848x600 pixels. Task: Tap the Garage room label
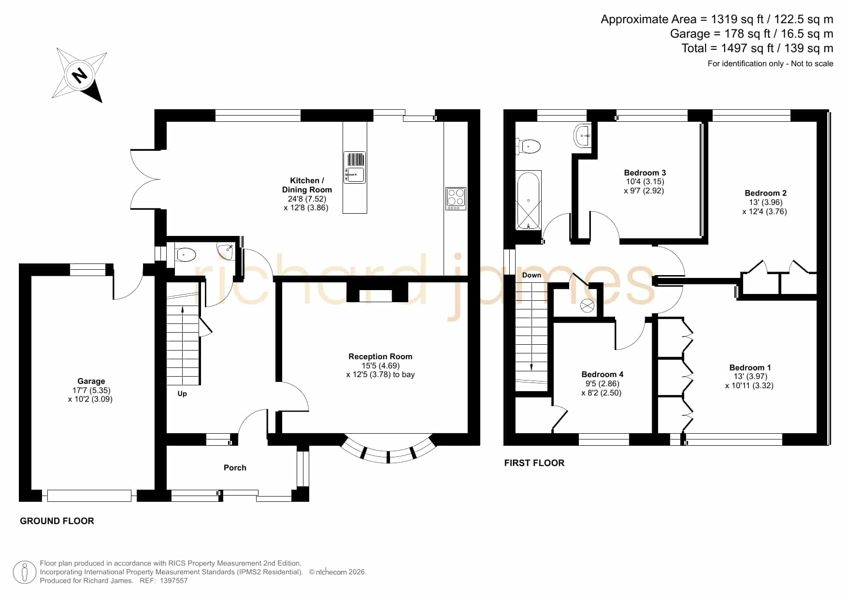point(91,381)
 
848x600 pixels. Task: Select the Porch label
point(235,468)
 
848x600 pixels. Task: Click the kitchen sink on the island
point(355,167)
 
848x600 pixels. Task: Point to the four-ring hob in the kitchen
point(456,198)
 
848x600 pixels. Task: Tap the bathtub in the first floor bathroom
point(529,200)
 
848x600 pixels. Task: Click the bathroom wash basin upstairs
point(583,136)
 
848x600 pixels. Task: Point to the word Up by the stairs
point(182,394)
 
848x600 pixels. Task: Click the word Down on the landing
point(532,275)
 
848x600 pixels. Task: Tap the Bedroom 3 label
point(645,173)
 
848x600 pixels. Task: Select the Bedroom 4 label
point(602,374)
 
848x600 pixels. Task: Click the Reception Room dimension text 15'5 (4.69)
point(381,366)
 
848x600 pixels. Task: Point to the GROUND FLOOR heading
point(57,521)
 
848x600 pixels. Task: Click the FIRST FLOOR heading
point(534,463)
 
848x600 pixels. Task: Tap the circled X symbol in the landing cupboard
point(587,306)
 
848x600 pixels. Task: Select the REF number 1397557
point(173,581)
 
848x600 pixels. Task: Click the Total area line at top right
point(757,48)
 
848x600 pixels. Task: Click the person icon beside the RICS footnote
point(24,572)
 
